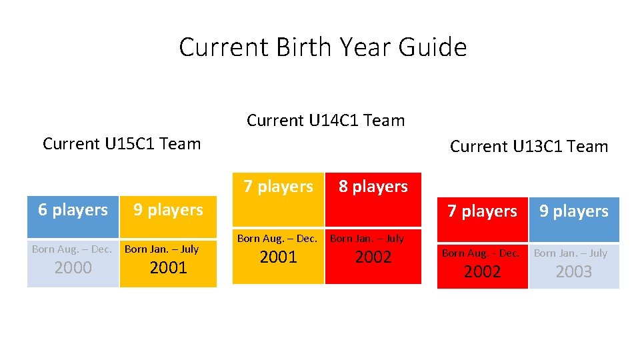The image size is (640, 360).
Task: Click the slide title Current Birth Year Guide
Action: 323,47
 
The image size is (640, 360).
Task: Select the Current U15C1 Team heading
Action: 121,144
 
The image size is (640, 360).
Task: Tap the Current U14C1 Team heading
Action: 325,121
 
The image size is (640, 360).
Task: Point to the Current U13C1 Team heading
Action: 529,147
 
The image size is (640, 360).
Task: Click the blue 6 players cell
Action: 73,210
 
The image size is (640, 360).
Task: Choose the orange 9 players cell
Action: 168,210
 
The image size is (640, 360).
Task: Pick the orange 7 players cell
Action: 278,187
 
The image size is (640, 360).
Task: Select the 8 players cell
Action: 373,187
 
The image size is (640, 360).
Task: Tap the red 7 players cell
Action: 482,211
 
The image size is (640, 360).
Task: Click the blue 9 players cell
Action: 573,211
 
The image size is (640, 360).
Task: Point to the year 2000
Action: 73,268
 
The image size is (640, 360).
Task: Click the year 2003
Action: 573,271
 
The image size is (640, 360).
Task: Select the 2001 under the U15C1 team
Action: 168,268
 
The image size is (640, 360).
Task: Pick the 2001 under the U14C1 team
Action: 278,257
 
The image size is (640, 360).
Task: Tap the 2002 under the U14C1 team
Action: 373,257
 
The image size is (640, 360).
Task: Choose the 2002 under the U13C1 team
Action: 482,271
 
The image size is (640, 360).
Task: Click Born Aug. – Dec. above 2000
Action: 73,249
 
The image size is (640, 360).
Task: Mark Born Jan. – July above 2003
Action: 571,253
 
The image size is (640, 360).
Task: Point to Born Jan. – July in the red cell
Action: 367,238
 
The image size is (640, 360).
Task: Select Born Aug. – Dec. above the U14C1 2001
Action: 277,238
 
